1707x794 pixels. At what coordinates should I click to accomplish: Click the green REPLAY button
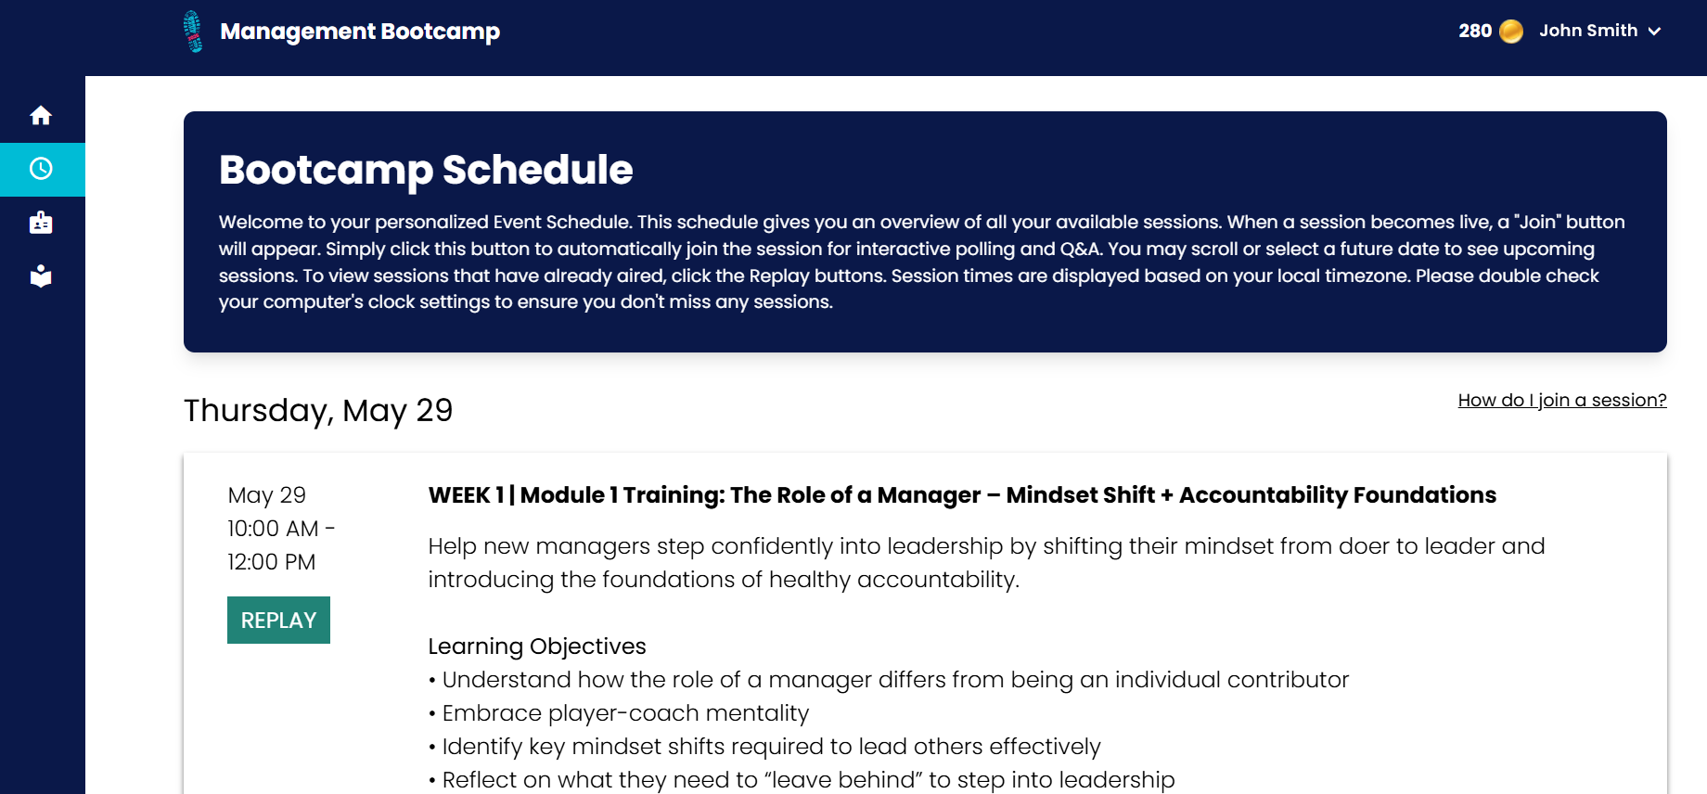[278, 620]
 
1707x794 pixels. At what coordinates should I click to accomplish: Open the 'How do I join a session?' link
[1562, 400]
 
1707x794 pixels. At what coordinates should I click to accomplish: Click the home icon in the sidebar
[41, 115]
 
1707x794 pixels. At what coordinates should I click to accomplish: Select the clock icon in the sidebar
[41, 169]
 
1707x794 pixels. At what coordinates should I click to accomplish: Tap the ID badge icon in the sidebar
[41, 223]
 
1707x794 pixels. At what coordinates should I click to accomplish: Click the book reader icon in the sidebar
[41, 276]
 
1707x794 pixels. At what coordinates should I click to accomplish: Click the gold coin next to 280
[1511, 32]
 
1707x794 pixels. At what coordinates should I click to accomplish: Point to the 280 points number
[1475, 31]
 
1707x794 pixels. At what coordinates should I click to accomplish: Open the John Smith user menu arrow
[1654, 32]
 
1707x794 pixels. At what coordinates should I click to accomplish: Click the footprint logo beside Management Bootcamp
[193, 32]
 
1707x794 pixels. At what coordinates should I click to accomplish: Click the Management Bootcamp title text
[360, 32]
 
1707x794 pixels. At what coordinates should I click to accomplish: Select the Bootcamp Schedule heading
[426, 170]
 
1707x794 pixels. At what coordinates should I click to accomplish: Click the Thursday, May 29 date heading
[318, 410]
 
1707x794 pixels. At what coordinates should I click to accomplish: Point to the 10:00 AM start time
[273, 529]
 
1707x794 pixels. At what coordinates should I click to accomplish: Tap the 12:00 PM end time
[272, 562]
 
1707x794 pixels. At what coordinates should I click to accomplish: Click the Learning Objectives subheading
[537, 647]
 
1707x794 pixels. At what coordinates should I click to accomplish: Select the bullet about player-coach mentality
[619, 713]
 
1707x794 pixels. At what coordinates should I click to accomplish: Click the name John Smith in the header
[1588, 31]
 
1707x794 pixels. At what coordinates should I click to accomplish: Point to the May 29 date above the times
[267, 495]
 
